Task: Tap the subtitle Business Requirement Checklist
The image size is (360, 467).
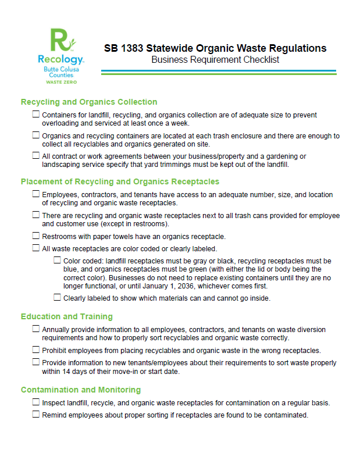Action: [215, 60]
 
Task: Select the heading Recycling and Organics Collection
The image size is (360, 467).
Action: [89, 102]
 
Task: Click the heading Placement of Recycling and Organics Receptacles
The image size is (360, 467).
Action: [120, 181]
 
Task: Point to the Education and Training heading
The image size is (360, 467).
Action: [67, 316]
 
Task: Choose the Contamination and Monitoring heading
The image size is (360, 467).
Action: [81, 390]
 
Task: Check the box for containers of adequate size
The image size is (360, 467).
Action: [37, 115]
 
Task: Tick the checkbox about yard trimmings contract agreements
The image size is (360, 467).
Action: [37, 156]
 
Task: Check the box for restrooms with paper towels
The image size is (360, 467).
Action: [37, 236]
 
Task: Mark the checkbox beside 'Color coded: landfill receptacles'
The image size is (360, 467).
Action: [57, 261]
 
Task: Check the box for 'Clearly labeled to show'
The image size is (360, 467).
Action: [57, 298]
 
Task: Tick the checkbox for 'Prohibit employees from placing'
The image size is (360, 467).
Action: [37, 350]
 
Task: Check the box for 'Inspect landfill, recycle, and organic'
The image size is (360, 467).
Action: [37, 402]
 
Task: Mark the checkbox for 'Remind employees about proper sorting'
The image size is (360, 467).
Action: [37, 415]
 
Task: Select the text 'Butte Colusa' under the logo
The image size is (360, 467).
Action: [61, 69]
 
